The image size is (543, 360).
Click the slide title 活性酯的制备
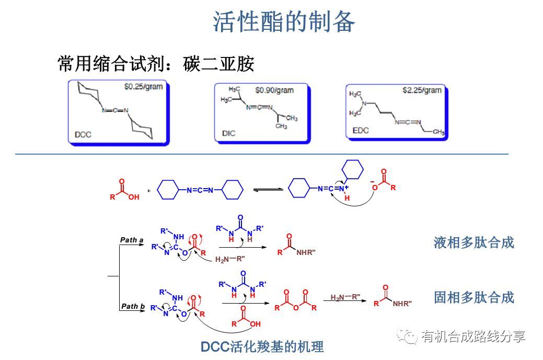point(284,22)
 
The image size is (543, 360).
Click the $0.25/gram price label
point(143,86)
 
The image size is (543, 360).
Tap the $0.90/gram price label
point(274,90)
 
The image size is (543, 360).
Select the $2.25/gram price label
point(422,90)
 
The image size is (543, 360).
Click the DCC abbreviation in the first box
point(83,134)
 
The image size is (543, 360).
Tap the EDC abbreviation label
point(360,130)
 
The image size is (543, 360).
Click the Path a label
point(132,240)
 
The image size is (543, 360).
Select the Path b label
point(132,306)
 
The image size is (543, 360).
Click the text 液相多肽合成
point(473,242)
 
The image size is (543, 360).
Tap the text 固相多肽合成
point(473,297)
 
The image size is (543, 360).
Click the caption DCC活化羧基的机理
point(262,346)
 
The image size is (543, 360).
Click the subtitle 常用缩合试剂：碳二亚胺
point(156,64)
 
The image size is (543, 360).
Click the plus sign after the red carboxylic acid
point(148,191)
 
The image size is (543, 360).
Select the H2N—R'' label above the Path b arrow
point(345,297)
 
